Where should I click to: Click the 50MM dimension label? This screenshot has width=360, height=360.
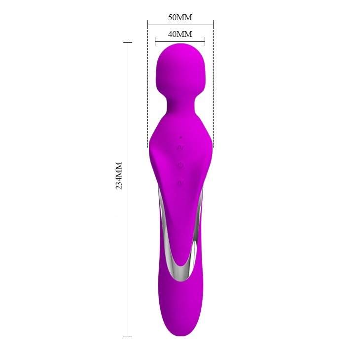coord(180,17)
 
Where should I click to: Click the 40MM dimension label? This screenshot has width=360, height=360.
coord(180,34)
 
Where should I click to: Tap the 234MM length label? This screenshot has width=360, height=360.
coord(119,176)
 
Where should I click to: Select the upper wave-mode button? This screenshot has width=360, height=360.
coord(180,147)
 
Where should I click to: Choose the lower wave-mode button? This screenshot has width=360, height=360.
coord(180,183)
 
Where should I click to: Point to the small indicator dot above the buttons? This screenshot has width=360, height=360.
coord(181,137)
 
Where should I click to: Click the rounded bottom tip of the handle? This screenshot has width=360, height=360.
coord(180,330)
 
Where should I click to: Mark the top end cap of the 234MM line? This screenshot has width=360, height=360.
coord(128,43)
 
